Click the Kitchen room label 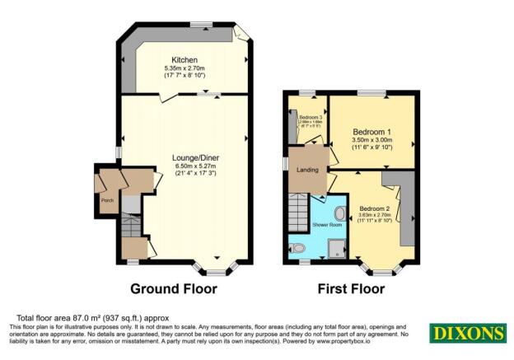coord(185,59)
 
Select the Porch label coord(107,200)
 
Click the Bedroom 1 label coord(372,132)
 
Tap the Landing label coord(308,170)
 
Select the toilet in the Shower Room coord(298,247)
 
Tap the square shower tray coord(337,248)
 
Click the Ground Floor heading coord(174,289)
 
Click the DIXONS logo coord(466,334)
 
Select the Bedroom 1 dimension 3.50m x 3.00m coord(372,141)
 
